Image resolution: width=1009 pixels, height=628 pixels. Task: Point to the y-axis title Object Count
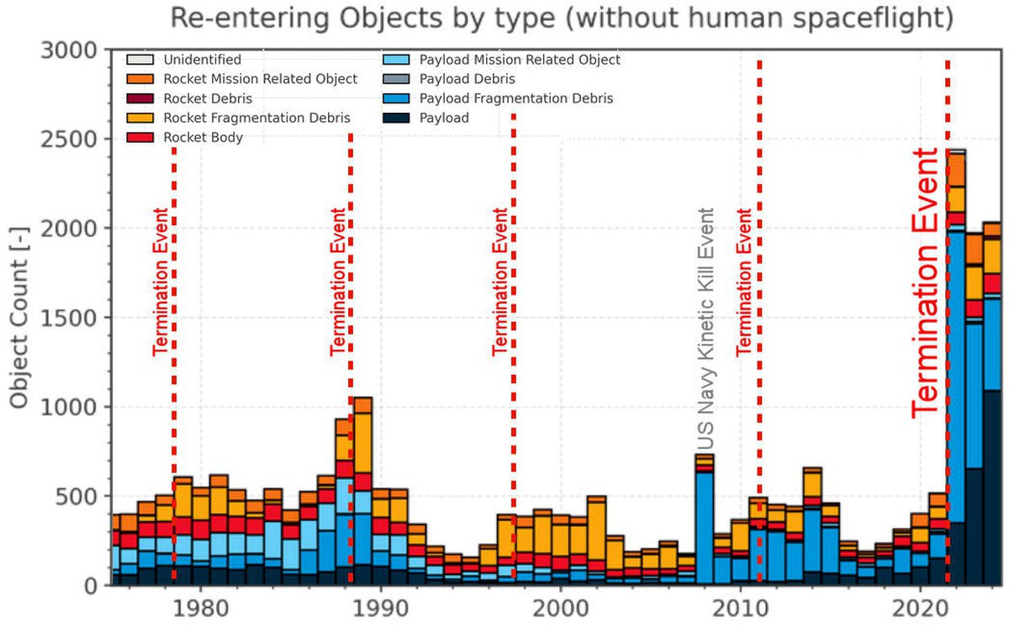(x=19, y=317)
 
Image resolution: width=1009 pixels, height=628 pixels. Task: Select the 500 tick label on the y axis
(x=82, y=496)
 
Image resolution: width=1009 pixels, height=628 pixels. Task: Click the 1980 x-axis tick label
(x=199, y=607)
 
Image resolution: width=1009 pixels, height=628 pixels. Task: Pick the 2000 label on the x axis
(x=560, y=607)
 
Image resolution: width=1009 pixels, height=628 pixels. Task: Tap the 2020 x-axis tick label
(x=920, y=607)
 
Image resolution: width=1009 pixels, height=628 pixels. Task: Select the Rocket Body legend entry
(x=204, y=137)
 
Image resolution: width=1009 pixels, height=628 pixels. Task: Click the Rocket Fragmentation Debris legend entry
(x=257, y=118)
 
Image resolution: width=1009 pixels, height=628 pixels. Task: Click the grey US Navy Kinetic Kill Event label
(x=706, y=330)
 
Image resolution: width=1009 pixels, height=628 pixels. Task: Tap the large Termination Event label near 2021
(x=925, y=282)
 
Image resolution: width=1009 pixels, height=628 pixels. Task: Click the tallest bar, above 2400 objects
(x=956, y=370)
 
